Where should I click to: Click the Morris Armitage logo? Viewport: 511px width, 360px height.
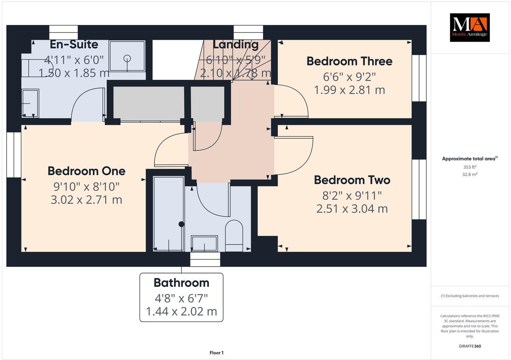[x=469, y=28]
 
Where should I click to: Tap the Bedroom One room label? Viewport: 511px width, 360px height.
[x=86, y=171]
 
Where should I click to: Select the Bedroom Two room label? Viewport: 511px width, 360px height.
[x=352, y=180]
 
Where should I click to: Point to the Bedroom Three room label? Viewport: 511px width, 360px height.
[x=349, y=61]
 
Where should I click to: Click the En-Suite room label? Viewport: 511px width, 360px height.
[x=74, y=45]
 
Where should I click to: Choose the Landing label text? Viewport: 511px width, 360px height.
[x=235, y=45]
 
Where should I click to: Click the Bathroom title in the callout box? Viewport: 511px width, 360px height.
[x=181, y=282]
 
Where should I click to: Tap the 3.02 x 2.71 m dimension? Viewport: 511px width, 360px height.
[x=86, y=200]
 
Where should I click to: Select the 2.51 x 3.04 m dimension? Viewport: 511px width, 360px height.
[x=352, y=209]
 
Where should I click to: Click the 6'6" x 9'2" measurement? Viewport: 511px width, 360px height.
[x=349, y=77]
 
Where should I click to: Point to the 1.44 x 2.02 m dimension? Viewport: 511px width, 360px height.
[x=181, y=311]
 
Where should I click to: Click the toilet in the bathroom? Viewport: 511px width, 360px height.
[x=234, y=236]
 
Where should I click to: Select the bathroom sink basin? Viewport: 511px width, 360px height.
[x=204, y=243]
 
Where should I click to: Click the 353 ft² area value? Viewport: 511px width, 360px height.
[x=470, y=167]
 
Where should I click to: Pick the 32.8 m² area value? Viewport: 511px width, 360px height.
[x=470, y=174]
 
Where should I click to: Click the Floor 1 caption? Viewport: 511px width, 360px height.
[x=217, y=353]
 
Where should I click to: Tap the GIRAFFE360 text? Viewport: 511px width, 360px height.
[x=469, y=346]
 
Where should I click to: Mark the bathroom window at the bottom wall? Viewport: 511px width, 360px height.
[x=205, y=259]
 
